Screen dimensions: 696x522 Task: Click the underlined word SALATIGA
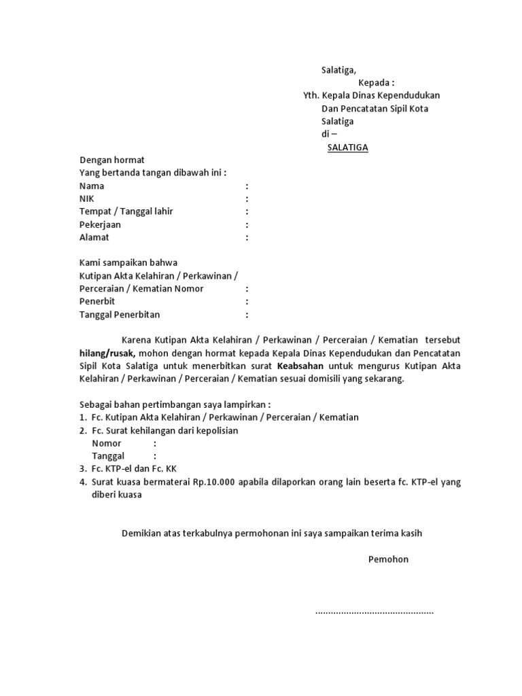point(347,147)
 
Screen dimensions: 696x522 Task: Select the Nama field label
point(92,186)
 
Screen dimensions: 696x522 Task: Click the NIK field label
point(87,199)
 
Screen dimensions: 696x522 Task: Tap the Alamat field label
point(94,238)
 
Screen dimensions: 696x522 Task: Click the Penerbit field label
point(97,302)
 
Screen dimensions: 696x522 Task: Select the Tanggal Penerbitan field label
point(120,315)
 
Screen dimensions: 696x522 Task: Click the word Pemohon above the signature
point(388,559)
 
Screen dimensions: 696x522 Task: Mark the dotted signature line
point(375,612)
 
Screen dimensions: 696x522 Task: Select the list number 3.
point(82,469)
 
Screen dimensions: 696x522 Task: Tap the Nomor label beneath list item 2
point(107,444)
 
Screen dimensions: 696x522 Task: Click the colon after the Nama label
point(247,186)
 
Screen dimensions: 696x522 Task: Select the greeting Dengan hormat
point(112,160)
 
